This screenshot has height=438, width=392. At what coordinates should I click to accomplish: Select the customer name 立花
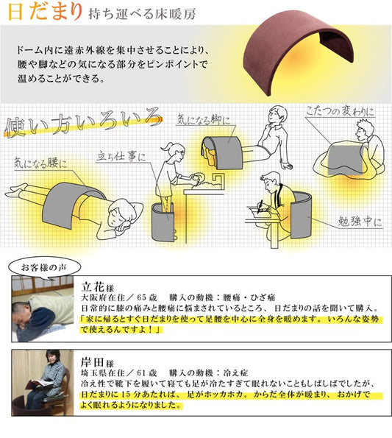[x=90, y=287]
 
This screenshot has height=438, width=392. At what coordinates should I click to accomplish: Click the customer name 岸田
[x=90, y=364]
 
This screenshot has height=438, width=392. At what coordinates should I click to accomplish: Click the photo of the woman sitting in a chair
[x=42, y=386]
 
